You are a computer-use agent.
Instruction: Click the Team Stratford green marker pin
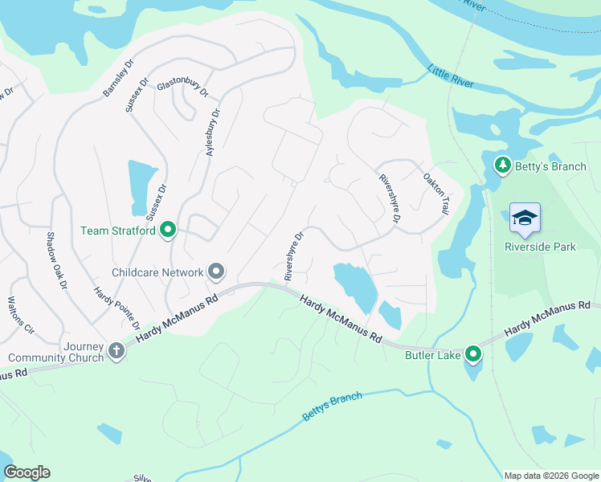tap(168, 231)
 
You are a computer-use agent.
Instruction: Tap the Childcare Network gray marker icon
tap(215, 272)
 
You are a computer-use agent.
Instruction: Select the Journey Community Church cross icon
tap(117, 350)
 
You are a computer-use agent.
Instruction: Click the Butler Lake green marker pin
tap(474, 353)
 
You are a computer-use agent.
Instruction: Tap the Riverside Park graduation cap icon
tap(525, 219)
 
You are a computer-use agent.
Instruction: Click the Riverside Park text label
tap(540, 247)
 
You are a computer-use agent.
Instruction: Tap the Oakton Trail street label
tap(435, 194)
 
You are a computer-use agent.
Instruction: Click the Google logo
tap(27, 472)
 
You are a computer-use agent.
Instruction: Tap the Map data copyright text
tap(550, 476)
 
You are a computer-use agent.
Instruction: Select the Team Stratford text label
tap(118, 231)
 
